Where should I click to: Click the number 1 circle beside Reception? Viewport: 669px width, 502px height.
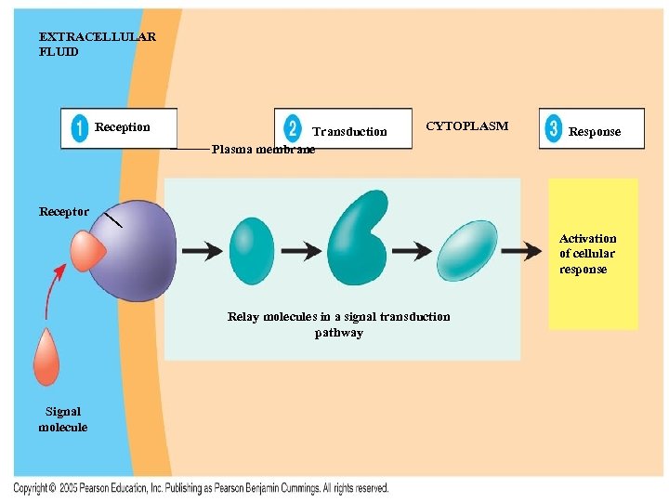click(x=79, y=128)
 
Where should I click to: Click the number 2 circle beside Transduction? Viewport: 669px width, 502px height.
click(x=293, y=128)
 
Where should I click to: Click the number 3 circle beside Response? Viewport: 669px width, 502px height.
click(x=554, y=128)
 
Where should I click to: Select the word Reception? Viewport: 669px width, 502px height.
click(x=122, y=127)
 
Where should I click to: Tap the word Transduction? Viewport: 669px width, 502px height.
click(x=349, y=132)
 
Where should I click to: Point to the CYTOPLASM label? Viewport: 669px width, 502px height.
click(x=466, y=125)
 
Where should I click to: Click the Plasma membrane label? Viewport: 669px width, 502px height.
click(x=263, y=149)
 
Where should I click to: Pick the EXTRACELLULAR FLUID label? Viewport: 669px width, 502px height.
click(x=97, y=45)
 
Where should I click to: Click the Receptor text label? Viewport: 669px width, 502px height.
click(x=64, y=212)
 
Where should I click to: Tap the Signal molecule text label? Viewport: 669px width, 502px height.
click(x=63, y=419)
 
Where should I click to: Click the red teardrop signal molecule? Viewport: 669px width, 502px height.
click(x=46, y=357)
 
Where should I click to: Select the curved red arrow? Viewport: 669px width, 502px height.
click(x=52, y=287)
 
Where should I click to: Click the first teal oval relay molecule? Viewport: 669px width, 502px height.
click(x=251, y=251)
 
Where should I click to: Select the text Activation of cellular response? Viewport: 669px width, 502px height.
click(x=587, y=254)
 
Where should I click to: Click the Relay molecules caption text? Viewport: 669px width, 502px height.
click(x=338, y=324)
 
